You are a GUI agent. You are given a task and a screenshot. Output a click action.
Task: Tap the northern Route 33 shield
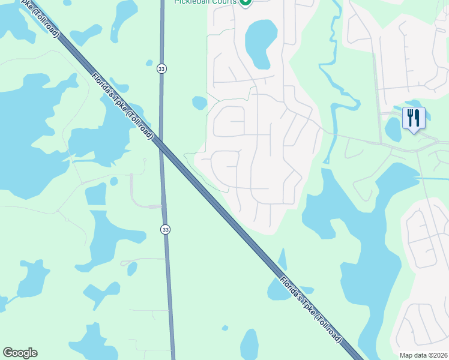click(161, 69)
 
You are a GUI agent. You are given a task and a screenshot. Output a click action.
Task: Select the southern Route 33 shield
click(165, 229)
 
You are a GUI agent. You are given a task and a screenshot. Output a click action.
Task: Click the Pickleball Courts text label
click(205, 2)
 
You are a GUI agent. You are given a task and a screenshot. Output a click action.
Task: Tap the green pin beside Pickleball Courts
click(245, 2)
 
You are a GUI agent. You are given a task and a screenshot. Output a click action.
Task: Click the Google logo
click(20, 353)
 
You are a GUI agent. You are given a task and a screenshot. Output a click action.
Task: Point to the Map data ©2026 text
click(423, 355)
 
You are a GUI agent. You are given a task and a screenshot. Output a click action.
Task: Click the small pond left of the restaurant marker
click(393, 128)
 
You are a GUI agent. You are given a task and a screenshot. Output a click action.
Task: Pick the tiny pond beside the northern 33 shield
click(149, 62)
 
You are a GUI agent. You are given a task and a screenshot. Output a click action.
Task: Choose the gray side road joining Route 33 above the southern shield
click(147, 206)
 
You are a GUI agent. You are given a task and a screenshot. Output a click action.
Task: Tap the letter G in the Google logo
click(8, 353)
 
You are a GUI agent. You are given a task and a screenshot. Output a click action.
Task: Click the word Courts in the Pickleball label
click(223, 2)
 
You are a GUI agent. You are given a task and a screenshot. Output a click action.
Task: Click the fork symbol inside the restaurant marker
click(410, 116)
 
